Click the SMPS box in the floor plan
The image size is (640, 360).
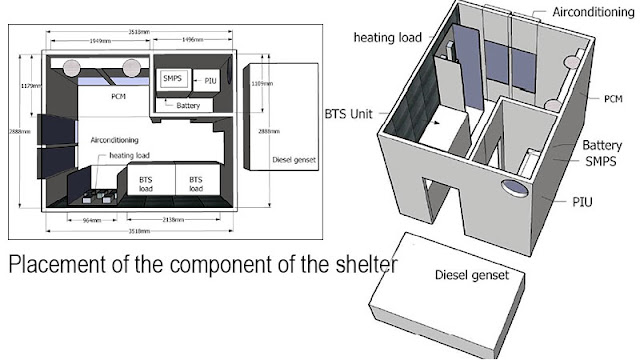171,77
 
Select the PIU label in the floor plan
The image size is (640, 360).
209,78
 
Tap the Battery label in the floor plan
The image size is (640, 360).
190,103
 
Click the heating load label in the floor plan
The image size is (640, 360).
132,156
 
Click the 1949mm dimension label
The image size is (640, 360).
100,41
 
